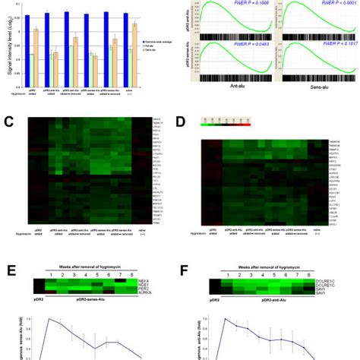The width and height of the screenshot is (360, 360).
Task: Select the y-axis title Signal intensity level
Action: pyautogui.click(x=5, y=46)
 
